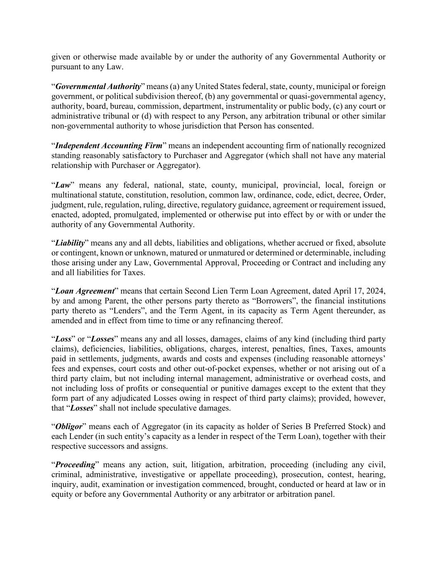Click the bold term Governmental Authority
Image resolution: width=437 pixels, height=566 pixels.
(98, 87)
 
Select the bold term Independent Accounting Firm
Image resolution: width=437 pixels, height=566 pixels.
(109, 146)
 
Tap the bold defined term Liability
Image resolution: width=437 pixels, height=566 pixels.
(70, 243)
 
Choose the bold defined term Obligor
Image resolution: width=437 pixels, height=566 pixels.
(69, 427)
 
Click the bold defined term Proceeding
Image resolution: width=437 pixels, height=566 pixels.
(75, 465)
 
